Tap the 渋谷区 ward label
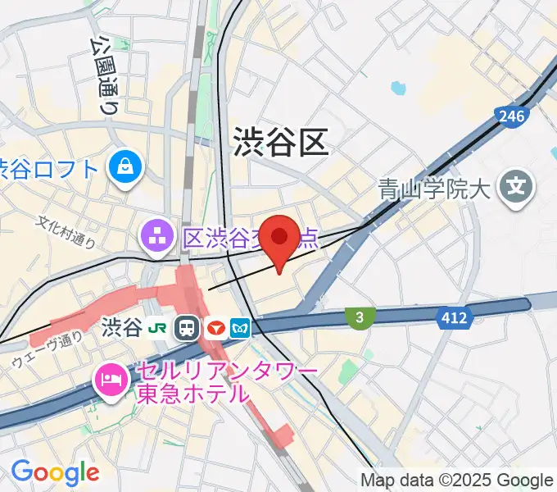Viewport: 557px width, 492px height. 280,142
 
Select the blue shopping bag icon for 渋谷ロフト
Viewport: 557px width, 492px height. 128,169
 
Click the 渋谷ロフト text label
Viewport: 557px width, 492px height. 49,169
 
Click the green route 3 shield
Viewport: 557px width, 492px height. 358,317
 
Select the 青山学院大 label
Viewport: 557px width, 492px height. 434,190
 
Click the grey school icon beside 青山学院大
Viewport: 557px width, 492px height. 515,189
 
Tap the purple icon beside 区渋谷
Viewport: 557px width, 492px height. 155,238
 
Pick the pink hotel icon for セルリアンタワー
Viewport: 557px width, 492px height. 111,379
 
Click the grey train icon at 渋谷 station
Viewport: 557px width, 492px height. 187,329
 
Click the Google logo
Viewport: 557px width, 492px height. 55,472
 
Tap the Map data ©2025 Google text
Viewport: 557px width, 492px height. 457,480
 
